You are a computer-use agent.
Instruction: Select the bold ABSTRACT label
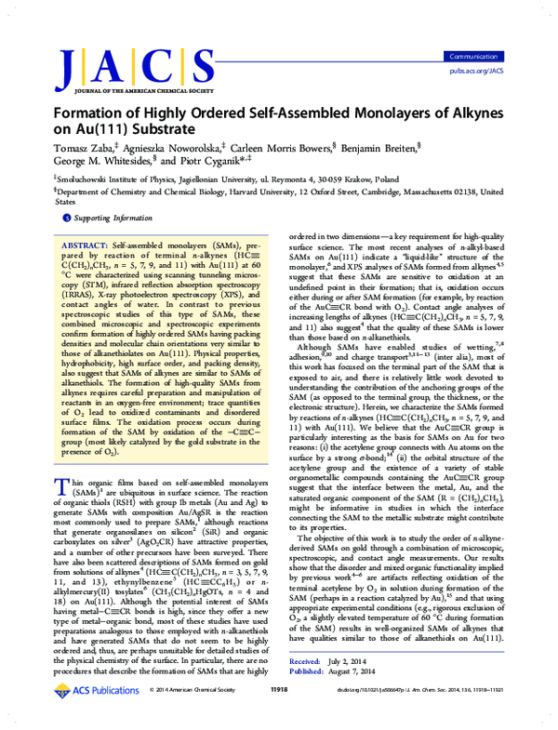click(x=91, y=239)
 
